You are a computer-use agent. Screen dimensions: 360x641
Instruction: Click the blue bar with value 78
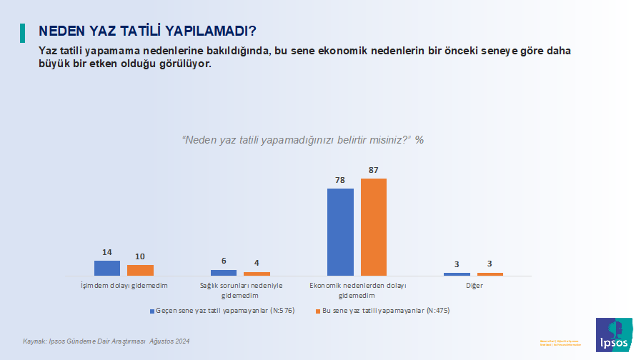pos(340,231)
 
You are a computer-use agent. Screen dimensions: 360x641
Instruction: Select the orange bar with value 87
pos(373,226)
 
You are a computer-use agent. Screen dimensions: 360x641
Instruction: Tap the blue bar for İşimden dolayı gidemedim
pos(107,268)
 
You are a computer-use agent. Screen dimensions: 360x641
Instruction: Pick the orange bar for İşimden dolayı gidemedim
pos(140,270)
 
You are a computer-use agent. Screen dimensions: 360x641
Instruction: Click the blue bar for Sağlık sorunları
pos(224,272)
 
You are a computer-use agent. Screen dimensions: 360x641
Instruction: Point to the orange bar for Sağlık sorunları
pos(257,274)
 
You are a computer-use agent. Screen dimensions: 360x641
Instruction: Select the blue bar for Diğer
pos(457,274)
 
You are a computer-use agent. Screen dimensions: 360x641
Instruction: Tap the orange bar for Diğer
pos(490,274)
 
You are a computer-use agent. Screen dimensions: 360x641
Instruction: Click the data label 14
pos(107,252)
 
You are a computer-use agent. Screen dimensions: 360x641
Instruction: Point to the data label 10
pos(140,256)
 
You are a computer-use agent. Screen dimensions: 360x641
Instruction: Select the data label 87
pos(373,170)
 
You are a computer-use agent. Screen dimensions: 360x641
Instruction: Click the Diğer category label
pos(473,286)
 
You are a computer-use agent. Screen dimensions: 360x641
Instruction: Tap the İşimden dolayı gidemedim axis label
pos(124,286)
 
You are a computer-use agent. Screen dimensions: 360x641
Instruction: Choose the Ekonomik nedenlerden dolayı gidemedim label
pos(357,290)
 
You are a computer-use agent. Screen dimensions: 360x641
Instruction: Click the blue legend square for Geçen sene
pos(152,311)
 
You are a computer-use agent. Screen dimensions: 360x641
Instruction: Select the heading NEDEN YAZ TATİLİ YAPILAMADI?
pos(148,31)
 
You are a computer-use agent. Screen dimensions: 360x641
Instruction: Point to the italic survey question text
pos(303,139)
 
